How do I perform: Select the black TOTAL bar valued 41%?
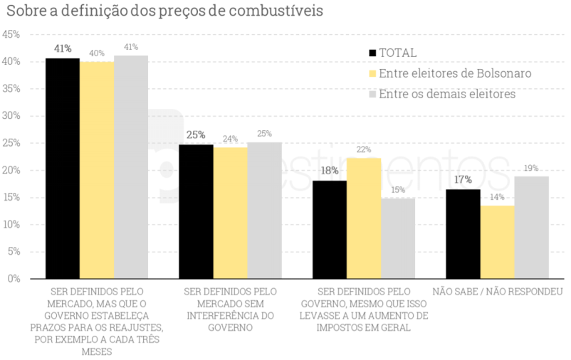(x=63, y=168)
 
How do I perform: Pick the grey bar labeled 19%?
(x=532, y=227)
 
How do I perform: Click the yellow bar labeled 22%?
(x=364, y=218)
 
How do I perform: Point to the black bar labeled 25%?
(x=196, y=211)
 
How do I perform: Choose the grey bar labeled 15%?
(x=398, y=238)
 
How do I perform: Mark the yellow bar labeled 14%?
(x=498, y=242)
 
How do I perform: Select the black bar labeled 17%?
(x=463, y=233)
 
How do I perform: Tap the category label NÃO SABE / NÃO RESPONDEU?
(x=498, y=292)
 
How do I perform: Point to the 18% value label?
(x=329, y=171)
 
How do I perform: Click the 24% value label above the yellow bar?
(x=230, y=139)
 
